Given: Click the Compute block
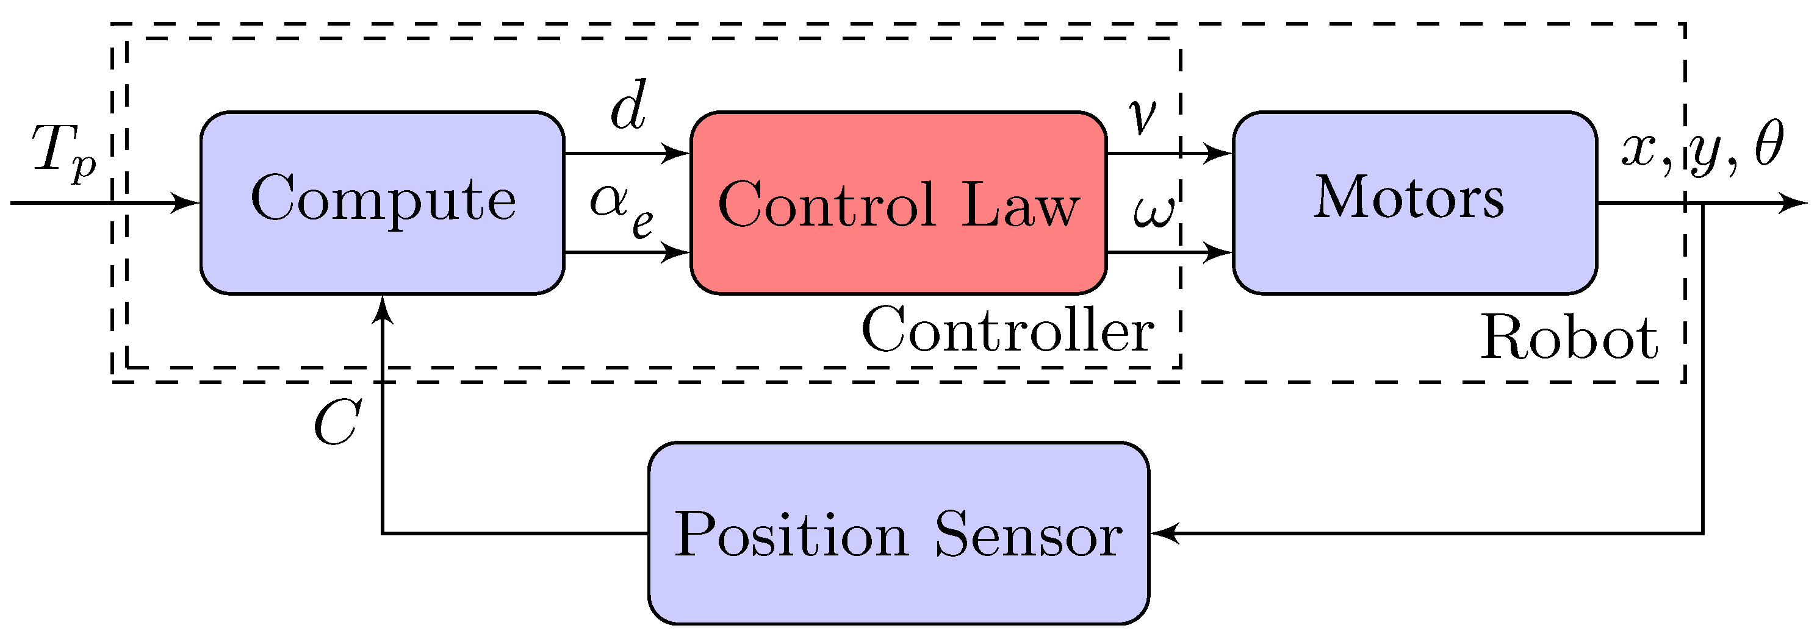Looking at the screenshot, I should (383, 202).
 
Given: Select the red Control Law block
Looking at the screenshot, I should (898, 202).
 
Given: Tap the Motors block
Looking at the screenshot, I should (1414, 202).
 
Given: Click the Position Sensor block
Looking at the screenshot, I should (898, 533).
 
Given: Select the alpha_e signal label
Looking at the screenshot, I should (621, 208).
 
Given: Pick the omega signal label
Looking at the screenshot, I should (1154, 211).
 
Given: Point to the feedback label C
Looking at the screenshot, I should (337, 423).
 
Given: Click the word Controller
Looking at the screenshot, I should (1007, 330).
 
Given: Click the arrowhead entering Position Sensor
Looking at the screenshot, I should (1164, 533).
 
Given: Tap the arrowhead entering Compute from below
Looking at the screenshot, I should (383, 309).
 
